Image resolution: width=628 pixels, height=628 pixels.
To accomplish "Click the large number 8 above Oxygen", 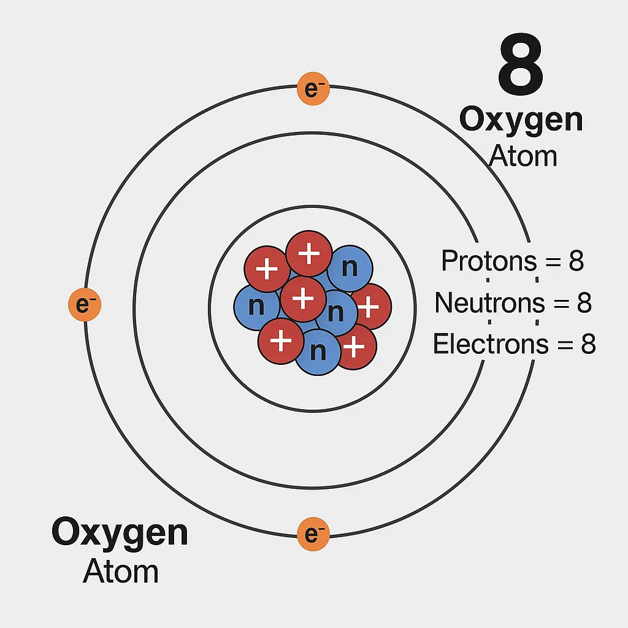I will [520, 66].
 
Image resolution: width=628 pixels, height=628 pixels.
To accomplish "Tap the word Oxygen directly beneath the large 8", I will [521, 120].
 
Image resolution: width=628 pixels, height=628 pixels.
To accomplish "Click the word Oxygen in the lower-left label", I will [120, 532].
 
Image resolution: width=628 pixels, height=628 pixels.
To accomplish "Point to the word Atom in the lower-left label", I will [121, 571].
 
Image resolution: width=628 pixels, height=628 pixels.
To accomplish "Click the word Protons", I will [481, 261].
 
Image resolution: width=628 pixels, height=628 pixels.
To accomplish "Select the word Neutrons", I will [481, 302].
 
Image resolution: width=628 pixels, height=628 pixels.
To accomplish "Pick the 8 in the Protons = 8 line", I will [576, 261].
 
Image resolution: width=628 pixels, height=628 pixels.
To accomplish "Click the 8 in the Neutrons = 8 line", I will [584, 302].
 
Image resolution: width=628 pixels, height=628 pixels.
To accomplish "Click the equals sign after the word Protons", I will [551, 262].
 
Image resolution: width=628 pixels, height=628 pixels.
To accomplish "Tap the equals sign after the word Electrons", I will [564, 345].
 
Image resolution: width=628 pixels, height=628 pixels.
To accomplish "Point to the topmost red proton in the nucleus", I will [309, 253].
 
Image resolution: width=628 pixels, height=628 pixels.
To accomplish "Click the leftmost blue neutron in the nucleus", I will [256, 305].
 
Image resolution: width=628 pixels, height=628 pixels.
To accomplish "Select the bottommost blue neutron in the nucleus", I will [318, 352].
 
